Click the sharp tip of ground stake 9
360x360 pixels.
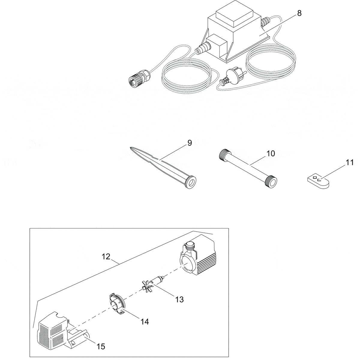[130, 148]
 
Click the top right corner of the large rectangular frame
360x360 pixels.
[229, 228]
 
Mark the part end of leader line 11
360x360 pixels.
[318, 181]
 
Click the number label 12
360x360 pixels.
[106, 256]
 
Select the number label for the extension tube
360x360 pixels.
[271, 154]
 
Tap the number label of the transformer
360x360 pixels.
[299, 13]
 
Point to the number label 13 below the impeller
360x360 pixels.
[179, 299]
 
